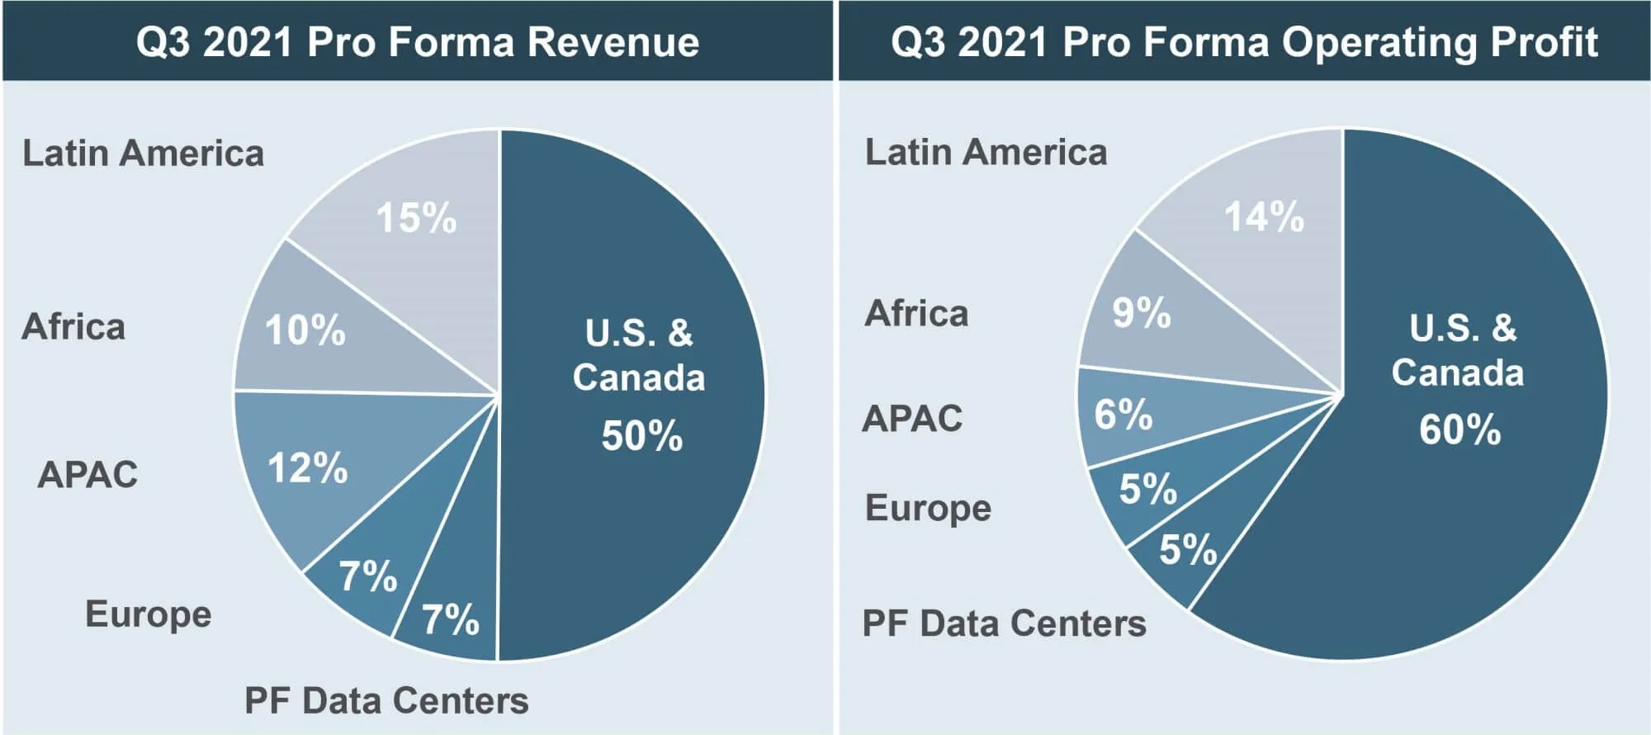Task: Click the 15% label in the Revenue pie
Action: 416,219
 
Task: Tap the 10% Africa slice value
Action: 305,330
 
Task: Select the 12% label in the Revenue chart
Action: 307,468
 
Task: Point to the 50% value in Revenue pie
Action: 641,436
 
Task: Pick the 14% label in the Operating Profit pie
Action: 1264,217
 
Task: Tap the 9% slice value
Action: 1141,313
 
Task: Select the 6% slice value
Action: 1123,415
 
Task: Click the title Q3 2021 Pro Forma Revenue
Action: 417,41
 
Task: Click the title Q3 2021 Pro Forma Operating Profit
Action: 1244,41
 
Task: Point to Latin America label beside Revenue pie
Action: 143,154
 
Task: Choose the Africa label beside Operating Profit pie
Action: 916,314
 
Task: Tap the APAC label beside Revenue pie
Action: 88,475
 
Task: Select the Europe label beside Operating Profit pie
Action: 928,509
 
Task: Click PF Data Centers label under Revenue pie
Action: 386,701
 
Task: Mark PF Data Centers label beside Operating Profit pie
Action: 1004,624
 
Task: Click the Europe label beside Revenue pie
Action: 149,615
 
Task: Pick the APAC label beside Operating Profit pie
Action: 912,419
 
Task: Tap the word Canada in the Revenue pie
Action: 639,378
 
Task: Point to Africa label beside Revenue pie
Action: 73,327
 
